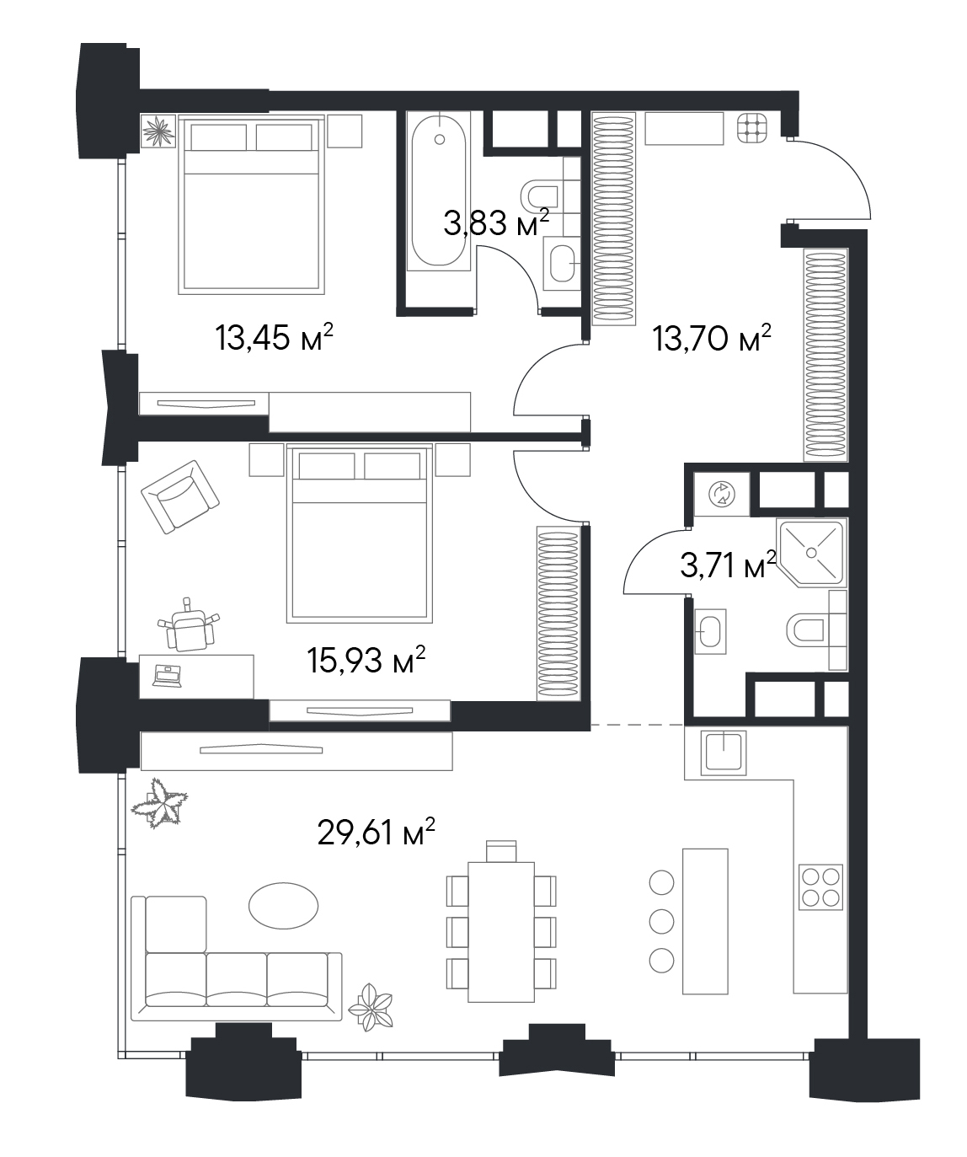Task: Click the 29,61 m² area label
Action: (x=376, y=848)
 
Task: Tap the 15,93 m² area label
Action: (x=366, y=660)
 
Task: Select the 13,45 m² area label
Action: (x=274, y=338)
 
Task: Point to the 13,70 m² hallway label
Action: (x=712, y=338)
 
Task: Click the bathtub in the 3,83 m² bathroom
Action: (x=439, y=190)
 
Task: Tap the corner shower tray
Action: (x=812, y=553)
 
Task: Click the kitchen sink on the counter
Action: (x=723, y=753)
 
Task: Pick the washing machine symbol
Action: (x=722, y=494)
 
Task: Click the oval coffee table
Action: (x=283, y=905)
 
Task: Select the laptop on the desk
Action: (x=167, y=677)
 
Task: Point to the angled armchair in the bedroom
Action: (x=180, y=497)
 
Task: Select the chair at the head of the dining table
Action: (x=501, y=851)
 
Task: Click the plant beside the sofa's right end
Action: (x=371, y=1005)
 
